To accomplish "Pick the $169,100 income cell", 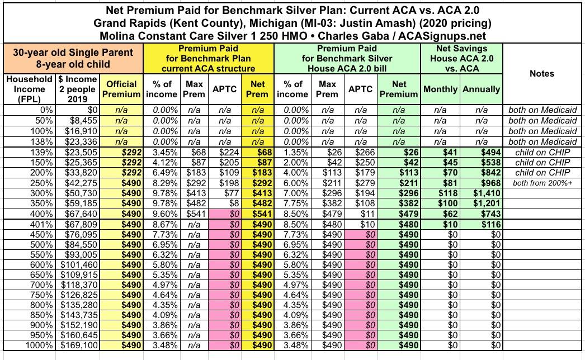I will click(x=77, y=345).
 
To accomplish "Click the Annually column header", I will click(x=481, y=89).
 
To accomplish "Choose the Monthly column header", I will click(x=441, y=89).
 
